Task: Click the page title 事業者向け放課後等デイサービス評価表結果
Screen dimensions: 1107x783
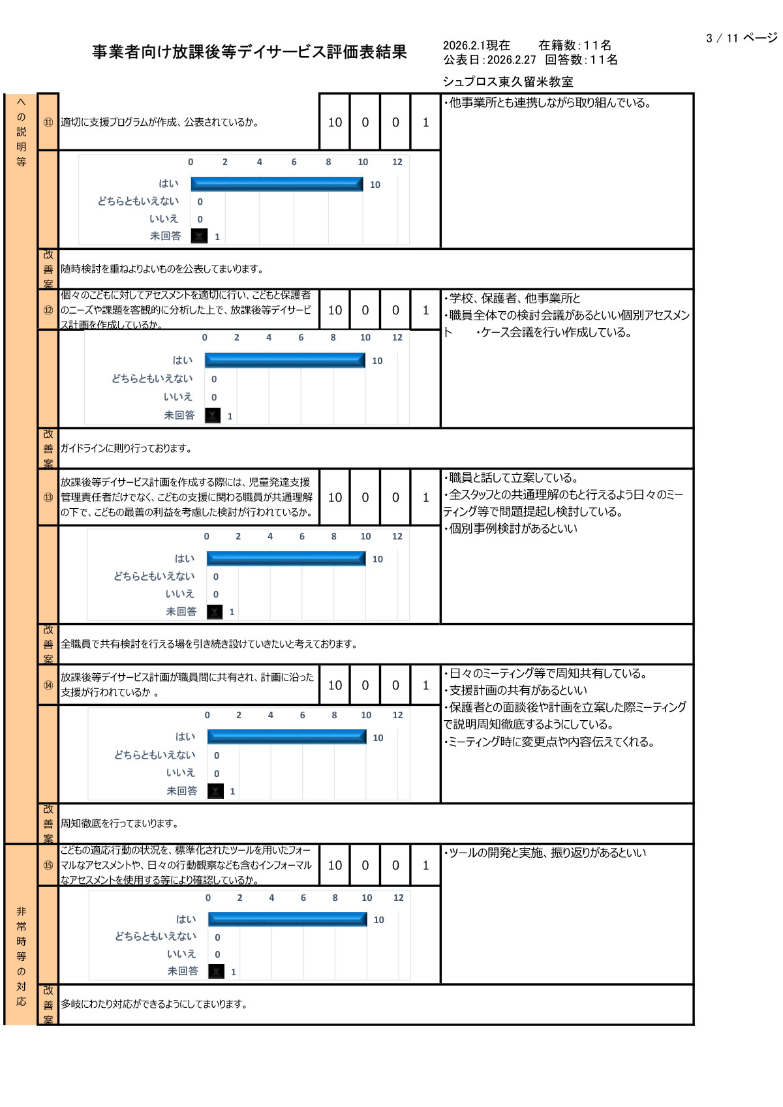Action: click(249, 52)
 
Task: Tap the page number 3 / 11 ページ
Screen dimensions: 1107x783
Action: click(741, 38)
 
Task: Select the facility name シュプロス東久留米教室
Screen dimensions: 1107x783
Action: click(508, 82)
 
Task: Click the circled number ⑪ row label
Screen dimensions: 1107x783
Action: click(48, 122)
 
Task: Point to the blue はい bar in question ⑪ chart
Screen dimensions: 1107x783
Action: click(277, 184)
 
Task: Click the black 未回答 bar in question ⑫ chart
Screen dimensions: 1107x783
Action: click(213, 416)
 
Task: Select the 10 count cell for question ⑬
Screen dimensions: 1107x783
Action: click(335, 497)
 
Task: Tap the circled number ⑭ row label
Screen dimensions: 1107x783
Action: click(48, 685)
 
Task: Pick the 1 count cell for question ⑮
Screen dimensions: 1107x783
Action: click(425, 865)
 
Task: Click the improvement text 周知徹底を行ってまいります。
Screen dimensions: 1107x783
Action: click(119, 823)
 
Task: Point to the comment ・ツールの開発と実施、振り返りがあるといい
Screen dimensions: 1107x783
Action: click(545, 853)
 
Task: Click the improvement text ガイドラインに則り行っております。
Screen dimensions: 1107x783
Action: click(127, 448)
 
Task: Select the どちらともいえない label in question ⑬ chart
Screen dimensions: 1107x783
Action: click(154, 577)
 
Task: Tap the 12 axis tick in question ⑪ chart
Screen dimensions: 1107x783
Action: click(397, 162)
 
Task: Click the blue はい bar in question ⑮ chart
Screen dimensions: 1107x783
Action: click(288, 919)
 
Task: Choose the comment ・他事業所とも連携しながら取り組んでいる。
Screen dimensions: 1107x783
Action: click(548, 103)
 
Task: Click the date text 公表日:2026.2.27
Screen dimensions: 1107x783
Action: click(489, 60)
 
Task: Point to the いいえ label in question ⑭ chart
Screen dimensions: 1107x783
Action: click(180, 772)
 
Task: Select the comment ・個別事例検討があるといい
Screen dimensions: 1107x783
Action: click(511, 528)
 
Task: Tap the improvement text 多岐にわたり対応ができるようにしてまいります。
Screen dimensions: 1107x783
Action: click(155, 1004)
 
